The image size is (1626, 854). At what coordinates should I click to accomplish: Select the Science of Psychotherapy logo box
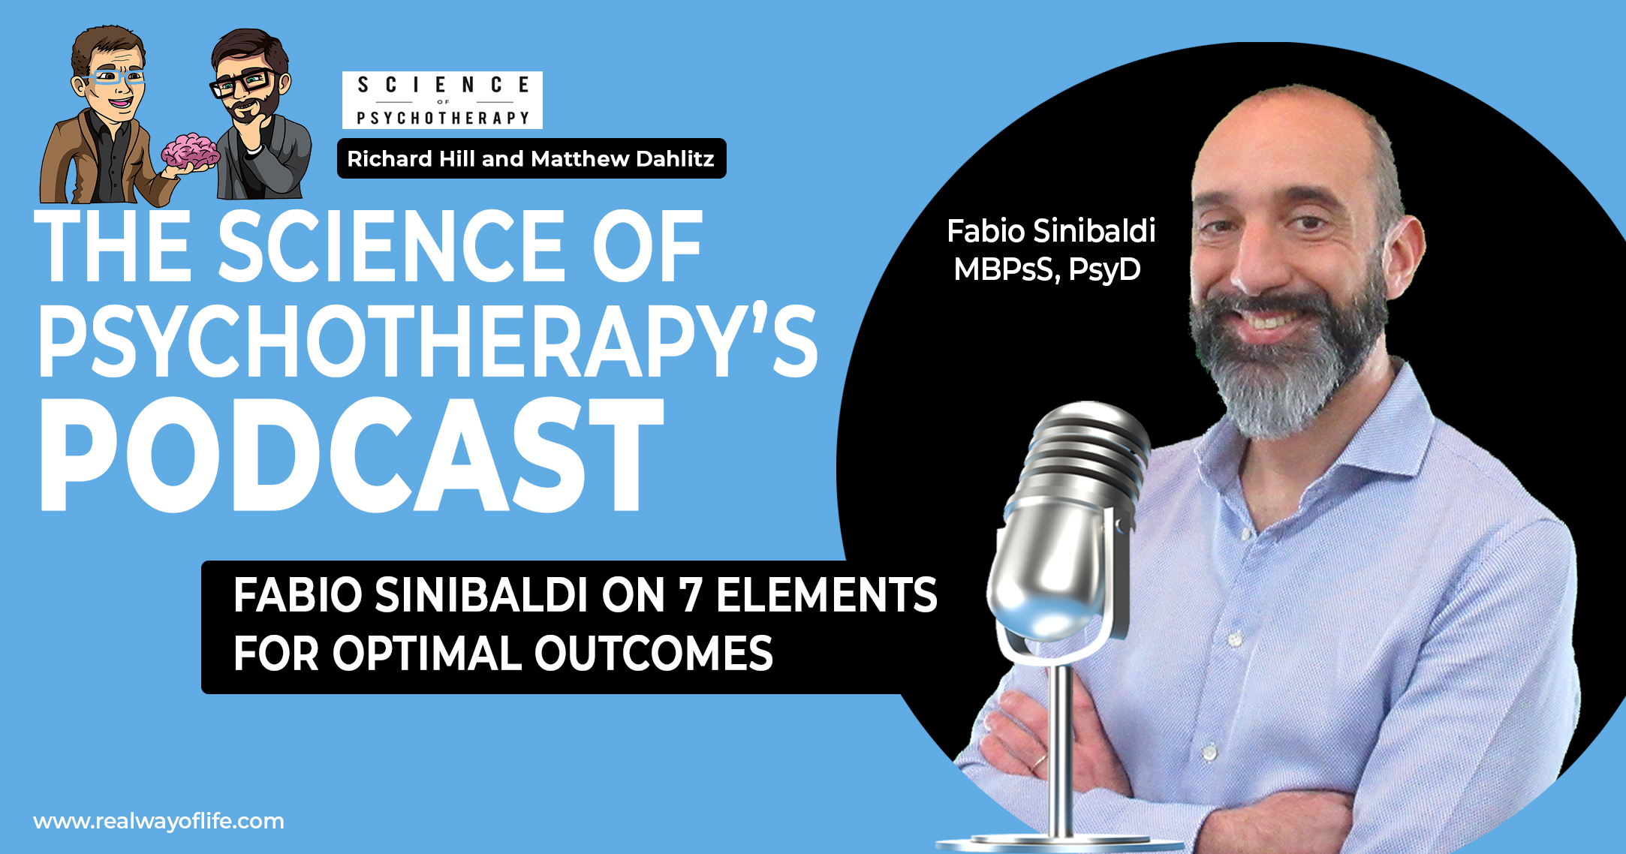[442, 100]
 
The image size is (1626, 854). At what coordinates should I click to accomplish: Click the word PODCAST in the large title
[351, 455]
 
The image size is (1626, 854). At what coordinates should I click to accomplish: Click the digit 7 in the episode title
[690, 595]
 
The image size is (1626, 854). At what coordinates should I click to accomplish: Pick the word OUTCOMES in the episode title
[653, 653]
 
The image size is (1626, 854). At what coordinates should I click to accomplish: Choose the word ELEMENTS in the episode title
[827, 595]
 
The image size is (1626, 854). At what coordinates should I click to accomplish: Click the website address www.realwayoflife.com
[159, 821]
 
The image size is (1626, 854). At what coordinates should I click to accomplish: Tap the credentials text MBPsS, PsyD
[1047, 269]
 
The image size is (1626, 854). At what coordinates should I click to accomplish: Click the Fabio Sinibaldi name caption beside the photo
[1051, 231]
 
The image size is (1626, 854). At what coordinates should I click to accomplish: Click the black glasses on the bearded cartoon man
[243, 83]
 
